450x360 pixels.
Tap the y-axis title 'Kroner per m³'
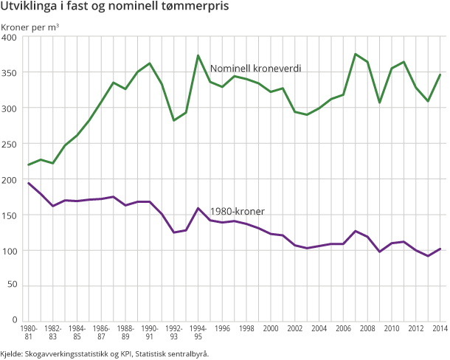tap(30, 27)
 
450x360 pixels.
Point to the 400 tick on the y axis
tap(10, 38)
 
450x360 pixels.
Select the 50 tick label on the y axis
tap(12, 285)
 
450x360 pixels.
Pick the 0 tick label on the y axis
tap(15, 320)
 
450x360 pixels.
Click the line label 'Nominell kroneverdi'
tap(255, 68)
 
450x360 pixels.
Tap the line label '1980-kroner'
tap(238, 212)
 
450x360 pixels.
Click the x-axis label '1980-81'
tap(30, 332)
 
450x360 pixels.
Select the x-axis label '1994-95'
tap(198, 332)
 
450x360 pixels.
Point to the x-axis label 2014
tap(440, 328)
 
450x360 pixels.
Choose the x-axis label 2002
tap(296, 328)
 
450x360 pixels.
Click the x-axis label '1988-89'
tap(125, 332)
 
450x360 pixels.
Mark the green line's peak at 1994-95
tap(198, 55)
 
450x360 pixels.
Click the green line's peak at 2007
tap(356, 54)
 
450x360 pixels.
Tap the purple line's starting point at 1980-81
tap(29, 183)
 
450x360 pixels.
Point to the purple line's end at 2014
tap(440, 249)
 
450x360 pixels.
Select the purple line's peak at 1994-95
tap(198, 208)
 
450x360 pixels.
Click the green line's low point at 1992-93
tap(174, 120)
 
